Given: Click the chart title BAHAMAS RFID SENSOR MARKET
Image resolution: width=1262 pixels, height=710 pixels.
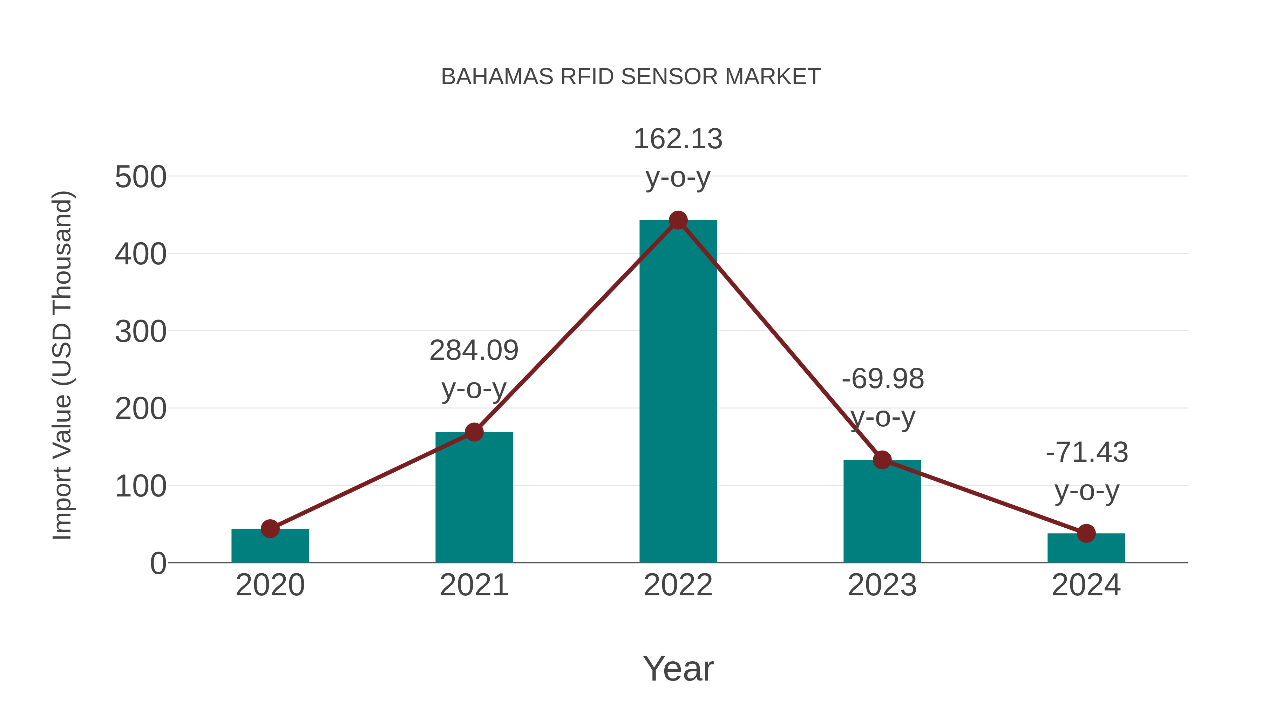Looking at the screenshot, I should (x=631, y=77).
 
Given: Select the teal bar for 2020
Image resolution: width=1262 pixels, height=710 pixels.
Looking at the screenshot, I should (x=270, y=548).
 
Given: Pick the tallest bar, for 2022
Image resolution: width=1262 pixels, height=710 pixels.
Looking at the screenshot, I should (x=678, y=392).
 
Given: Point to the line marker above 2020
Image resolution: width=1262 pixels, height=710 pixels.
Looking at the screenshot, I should (x=270, y=529).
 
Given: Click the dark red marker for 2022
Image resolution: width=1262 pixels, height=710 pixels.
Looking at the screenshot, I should (x=678, y=221).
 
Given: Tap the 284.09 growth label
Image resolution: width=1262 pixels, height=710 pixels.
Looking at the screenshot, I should (x=474, y=351).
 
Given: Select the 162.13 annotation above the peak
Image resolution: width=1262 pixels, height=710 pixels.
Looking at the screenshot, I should (x=678, y=139).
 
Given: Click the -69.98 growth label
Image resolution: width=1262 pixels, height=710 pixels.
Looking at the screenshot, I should (x=883, y=379).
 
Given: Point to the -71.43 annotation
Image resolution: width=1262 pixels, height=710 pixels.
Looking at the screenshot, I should (x=1087, y=453).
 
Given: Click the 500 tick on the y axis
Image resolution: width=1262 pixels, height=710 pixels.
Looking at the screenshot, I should (x=141, y=177).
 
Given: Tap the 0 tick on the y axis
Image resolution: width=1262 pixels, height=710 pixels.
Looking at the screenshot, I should (x=158, y=563).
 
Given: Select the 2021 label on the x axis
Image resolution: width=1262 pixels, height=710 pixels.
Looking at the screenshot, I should (x=474, y=585).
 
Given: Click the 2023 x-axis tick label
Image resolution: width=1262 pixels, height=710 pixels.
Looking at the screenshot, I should (x=882, y=585).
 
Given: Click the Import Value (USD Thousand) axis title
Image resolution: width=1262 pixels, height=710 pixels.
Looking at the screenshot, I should (x=63, y=365).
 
